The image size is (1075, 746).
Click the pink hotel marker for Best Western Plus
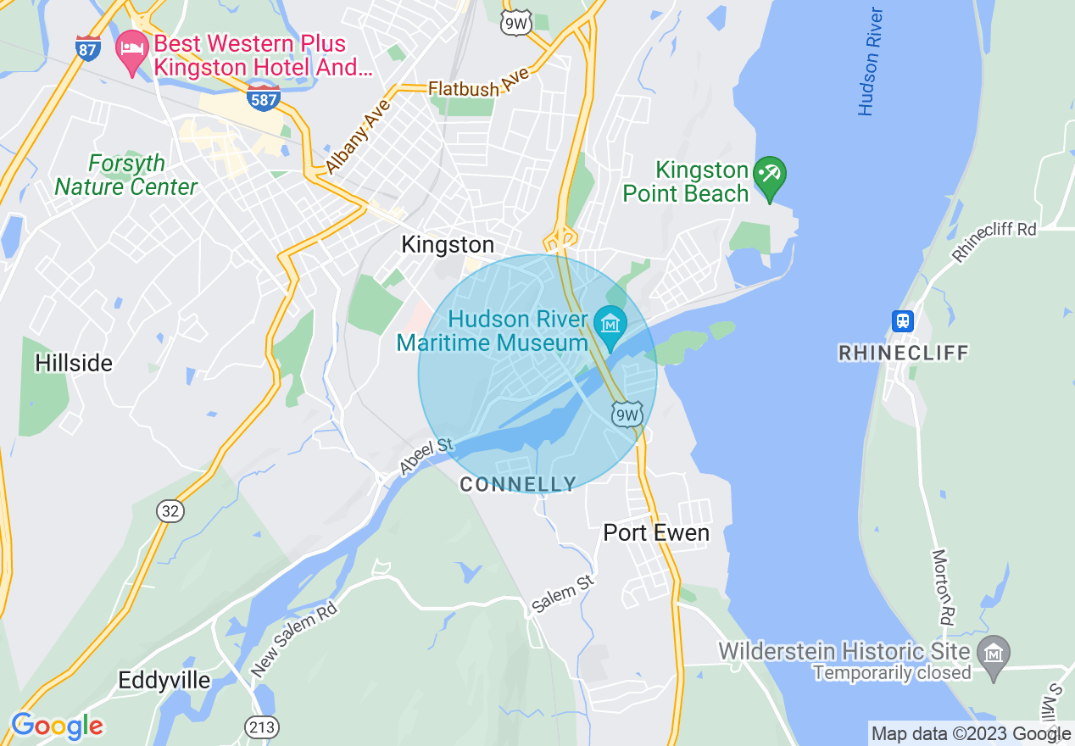(131, 52)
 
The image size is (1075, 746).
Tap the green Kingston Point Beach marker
(770, 176)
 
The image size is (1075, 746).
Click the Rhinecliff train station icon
(903, 320)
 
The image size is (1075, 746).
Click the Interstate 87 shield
(87, 48)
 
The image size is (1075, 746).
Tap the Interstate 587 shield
(264, 98)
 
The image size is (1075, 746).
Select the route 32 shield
(170, 510)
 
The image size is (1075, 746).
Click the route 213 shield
(261, 727)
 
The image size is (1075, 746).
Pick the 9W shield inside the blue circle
(627, 415)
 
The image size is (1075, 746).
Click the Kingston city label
(447, 245)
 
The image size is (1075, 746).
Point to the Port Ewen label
(656, 532)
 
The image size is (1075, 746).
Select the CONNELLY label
(517, 485)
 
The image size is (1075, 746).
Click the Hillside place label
(74, 363)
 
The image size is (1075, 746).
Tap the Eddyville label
(164, 680)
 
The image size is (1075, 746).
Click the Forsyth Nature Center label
(125, 175)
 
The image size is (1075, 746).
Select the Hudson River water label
(870, 62)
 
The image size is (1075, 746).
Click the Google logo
(57, 726)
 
